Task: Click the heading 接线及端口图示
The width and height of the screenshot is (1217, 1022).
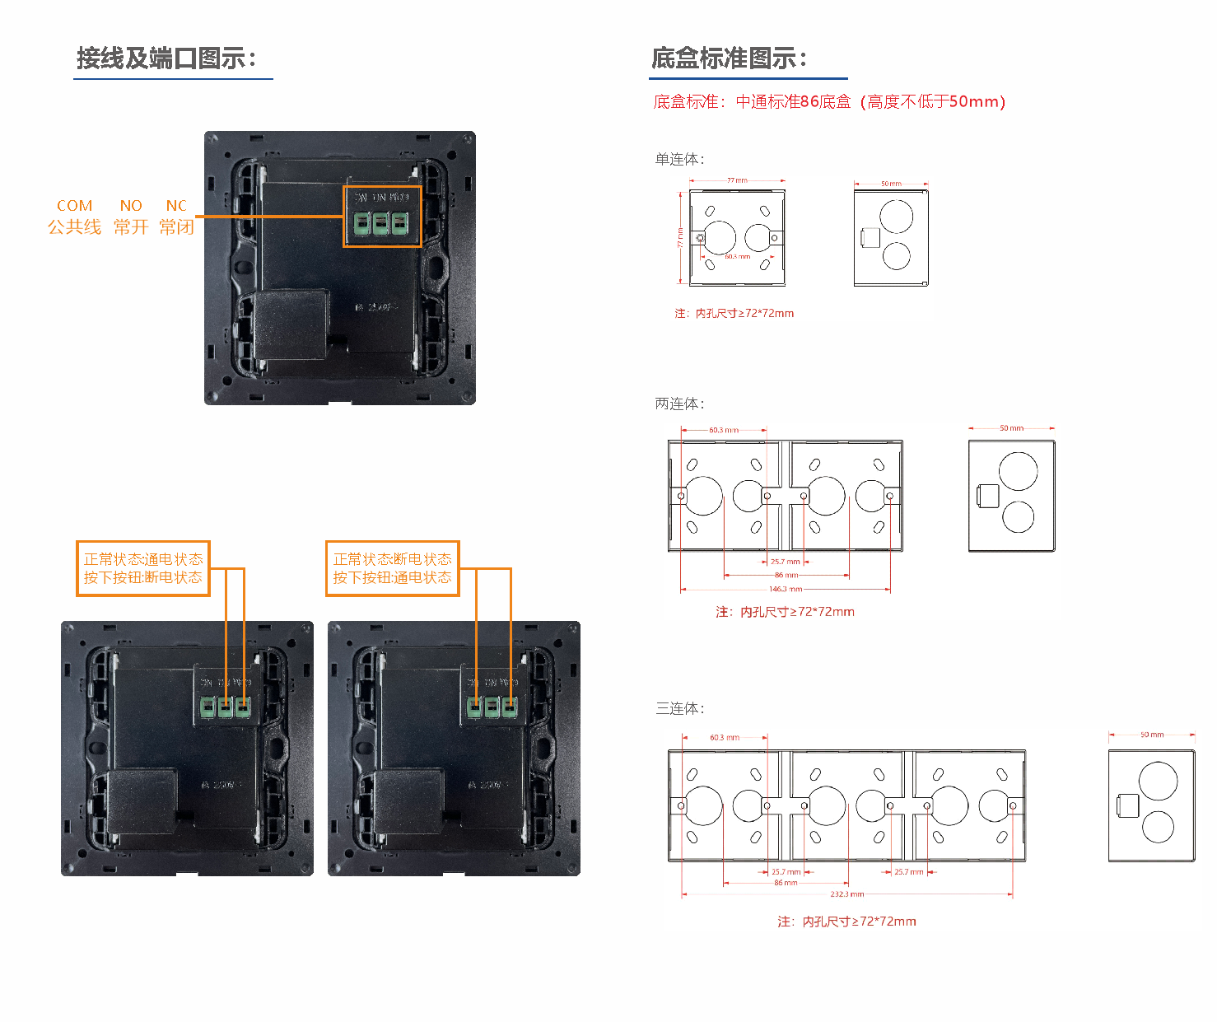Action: click(166, 58)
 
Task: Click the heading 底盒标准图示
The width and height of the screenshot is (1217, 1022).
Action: click(729, 58)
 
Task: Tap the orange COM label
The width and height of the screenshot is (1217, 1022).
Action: click(74, 206)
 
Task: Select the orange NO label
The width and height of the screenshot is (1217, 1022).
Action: click(131, 206)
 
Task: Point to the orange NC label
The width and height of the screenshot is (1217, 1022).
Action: click(176, 206)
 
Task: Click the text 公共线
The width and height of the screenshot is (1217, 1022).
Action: click(74, 227)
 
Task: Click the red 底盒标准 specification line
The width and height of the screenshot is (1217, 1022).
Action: click(829, 102)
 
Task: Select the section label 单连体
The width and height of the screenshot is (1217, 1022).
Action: click(679, 159)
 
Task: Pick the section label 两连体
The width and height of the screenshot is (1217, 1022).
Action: click(679, 404)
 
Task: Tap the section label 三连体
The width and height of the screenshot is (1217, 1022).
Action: click(679, 708)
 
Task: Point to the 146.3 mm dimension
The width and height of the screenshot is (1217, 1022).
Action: click(785, 589)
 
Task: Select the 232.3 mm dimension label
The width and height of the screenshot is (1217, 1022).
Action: click(846, 894)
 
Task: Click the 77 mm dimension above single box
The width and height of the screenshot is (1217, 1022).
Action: click(737, 180)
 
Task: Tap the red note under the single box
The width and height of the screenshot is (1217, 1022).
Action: click(734, 314)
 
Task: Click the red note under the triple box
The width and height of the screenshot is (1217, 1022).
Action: click(846, 922)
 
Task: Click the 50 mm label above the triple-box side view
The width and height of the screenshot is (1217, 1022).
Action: click(1151, 735)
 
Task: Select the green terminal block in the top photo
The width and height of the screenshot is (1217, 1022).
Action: click(380, 224)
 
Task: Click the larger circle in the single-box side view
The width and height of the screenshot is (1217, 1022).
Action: click(896, 217)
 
